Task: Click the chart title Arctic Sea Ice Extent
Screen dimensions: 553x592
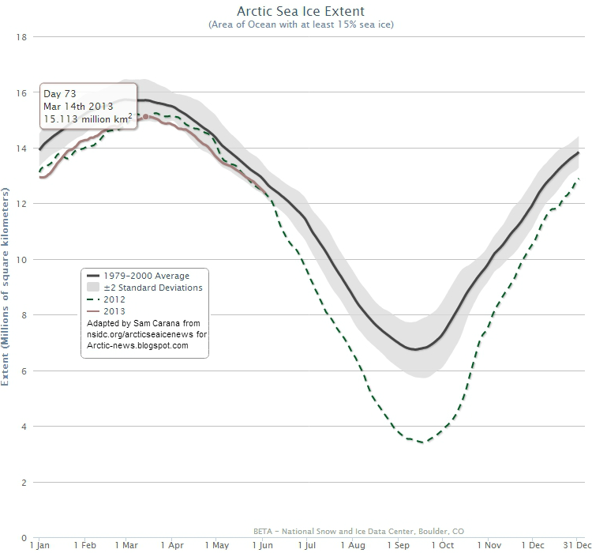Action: click(x=301, y=12)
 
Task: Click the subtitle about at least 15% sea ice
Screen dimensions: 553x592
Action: click(x=301, y=25)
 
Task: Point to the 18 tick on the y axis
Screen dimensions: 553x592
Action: click(x=24, y=37)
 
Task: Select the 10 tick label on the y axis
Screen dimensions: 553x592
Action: click(x=24, y=260)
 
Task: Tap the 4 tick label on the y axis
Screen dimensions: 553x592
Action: click(x=26, y=427)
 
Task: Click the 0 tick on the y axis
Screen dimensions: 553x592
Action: click(x=26, y=537)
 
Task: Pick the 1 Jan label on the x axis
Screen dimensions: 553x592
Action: click(x=41, y=545)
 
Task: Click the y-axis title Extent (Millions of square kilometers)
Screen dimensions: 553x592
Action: click(x=7, y=288)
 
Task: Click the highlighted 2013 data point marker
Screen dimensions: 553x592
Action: click(x=145, y=116)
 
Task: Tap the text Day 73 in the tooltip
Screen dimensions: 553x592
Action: click(x=59, y=94)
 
